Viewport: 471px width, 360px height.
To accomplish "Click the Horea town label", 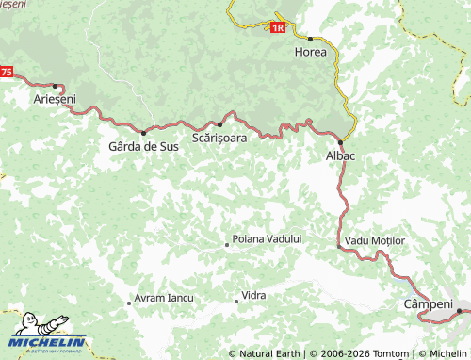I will pos(311,52).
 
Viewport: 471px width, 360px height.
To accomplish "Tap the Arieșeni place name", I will pos(55,99).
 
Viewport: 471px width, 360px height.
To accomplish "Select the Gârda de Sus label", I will pos(143,146).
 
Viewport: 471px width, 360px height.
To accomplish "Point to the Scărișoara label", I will pos(219,138).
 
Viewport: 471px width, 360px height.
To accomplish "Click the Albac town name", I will pos(339,155).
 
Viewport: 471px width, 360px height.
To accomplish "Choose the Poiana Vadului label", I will pos(267,239).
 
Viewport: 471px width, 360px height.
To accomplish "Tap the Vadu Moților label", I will pos(375,241).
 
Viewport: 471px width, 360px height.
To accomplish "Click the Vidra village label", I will pos(253,296).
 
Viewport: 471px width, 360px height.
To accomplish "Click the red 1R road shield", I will pos(277,28).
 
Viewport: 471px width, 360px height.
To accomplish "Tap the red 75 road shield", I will pos(7,73).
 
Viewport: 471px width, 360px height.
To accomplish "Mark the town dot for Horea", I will pos(310,39).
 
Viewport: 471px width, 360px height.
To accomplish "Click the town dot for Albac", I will pos(339,142).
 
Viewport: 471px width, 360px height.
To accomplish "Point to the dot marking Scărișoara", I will pos(219,124).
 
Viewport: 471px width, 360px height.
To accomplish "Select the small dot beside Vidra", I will pos(235,302).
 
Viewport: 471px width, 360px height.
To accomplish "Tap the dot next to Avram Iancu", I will pos(129,303).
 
